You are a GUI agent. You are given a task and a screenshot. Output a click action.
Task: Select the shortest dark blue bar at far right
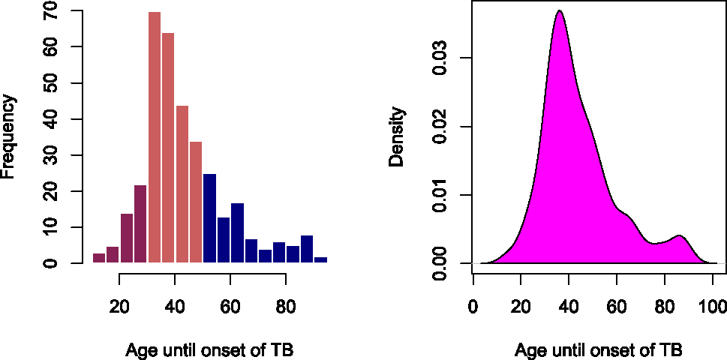coord(320,259)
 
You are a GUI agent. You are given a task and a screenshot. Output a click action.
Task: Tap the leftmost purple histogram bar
coord(98,258)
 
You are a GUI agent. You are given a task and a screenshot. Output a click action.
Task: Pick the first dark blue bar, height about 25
coord(209,218)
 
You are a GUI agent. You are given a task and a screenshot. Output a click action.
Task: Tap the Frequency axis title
coord(9,136)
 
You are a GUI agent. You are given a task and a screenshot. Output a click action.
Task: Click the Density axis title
coord(397,136)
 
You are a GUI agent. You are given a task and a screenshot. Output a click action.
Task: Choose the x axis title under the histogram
coord(215,350)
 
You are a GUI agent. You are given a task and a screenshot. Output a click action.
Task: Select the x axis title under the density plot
coord(598,350)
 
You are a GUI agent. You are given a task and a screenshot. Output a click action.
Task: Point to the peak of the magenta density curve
coord(559,11)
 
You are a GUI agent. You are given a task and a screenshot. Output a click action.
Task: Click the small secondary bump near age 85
coord(679,236)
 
